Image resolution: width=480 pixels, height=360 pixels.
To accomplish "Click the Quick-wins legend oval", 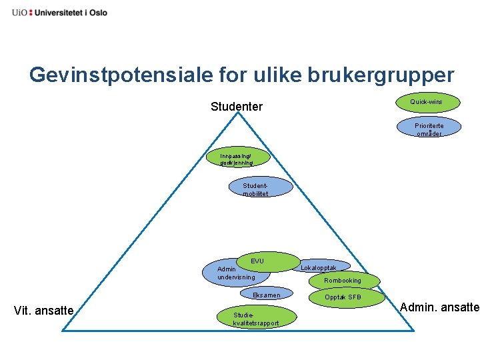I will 425,102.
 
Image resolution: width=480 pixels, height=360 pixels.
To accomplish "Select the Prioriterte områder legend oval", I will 428,128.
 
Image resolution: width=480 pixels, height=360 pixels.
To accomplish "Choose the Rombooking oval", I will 343,281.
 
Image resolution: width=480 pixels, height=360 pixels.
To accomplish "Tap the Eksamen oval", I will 266,295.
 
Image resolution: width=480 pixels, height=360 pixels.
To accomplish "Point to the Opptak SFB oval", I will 344,297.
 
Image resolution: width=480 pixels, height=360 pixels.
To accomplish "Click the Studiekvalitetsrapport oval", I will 256,317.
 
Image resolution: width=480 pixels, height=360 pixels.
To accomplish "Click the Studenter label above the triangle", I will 236,107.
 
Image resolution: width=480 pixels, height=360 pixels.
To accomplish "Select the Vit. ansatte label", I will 43,310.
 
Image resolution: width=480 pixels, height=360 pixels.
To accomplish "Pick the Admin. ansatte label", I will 439,307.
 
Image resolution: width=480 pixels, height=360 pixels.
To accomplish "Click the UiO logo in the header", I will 17,12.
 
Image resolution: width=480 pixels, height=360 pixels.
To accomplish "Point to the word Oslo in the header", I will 96,12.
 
